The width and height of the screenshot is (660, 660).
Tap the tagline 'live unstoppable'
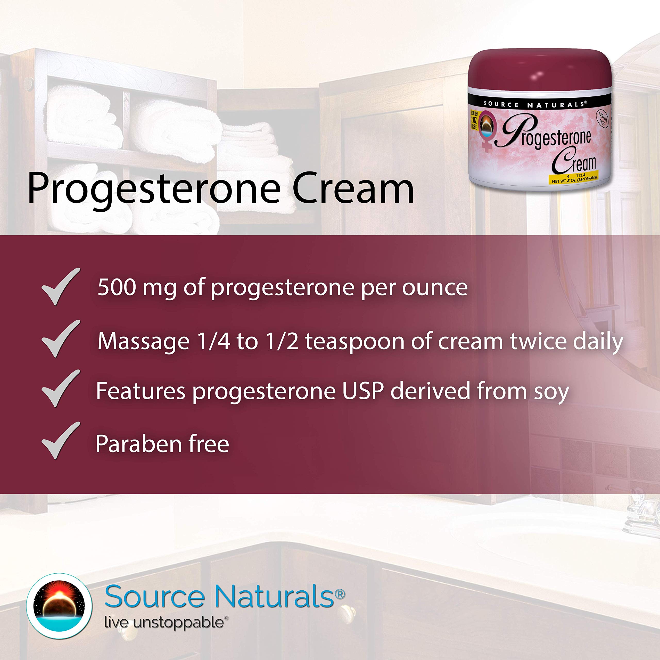[164, 622]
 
